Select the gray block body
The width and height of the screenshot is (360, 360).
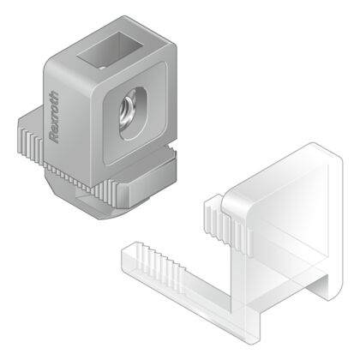coord(94,111)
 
